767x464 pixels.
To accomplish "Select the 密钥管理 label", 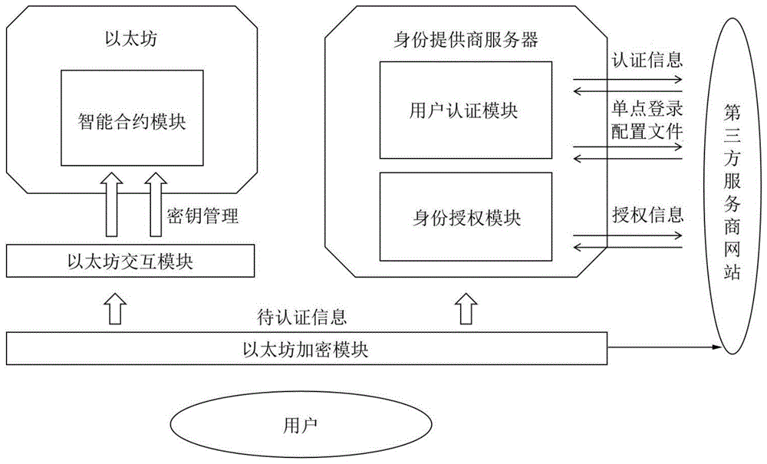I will click(203, 216).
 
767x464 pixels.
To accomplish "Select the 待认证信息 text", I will click(302, 315).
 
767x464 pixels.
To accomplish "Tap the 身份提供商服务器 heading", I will click(466, 40).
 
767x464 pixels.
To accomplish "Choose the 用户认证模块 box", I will click(466, 110).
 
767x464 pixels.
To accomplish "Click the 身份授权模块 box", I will click(466, 217).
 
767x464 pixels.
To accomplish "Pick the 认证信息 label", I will click(647, 59).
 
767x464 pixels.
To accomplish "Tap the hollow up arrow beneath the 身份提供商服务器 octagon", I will click(465, 308).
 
